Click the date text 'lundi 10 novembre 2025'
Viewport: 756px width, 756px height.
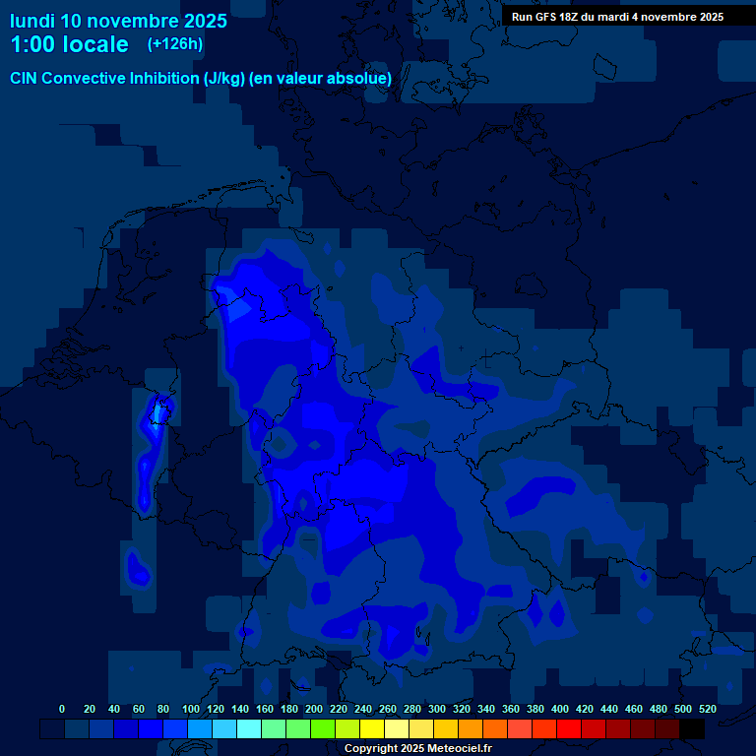click(118, 21)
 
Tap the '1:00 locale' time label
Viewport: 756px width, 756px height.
click(69, 44)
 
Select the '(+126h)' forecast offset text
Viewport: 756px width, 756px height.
click(175, 43)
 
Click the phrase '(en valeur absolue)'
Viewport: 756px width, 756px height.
click(321, 78)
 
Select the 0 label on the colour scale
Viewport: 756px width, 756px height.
click(62, 709)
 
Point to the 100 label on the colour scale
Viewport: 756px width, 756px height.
click(190, 709)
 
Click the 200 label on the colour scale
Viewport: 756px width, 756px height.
click(313, 709)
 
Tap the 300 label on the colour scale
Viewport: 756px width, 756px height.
click(436, 709)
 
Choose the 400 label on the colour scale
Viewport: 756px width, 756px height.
click(560, 709)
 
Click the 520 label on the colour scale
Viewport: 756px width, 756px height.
click(707, 709)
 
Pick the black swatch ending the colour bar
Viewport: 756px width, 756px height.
click(692, 728)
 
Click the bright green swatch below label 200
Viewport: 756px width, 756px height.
click(323, 728)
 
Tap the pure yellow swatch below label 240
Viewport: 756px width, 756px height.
click(372, 728)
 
